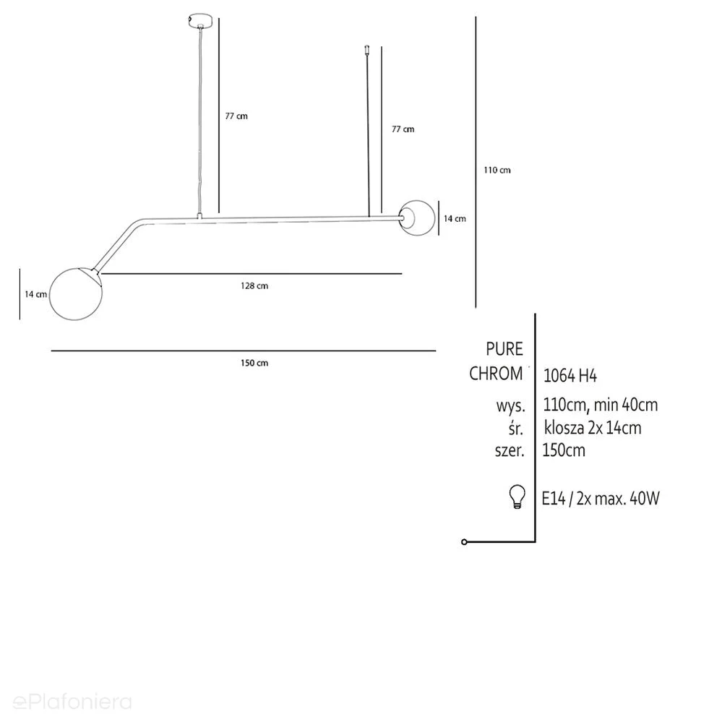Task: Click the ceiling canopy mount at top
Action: (200, 20)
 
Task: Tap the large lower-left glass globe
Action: (76, 293)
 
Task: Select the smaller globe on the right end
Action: (417, 218)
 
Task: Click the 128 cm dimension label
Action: (254, 286)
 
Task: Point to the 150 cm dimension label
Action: (254, 363)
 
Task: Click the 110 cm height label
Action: (497, 170)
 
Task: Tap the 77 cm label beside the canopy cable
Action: (236, 116)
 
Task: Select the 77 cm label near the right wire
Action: (403, 129)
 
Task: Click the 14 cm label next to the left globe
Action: (35, 294)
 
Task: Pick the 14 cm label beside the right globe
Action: (455, 219)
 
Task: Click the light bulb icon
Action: (517, 497)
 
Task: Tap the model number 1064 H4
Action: (570, 376)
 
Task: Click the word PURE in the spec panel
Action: (504, 349)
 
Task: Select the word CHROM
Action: (496, 374)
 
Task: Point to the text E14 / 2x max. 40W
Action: (601, 498)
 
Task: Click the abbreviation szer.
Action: (510, 450)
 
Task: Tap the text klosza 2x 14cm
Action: (593, 428)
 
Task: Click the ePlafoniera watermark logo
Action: (72, 702)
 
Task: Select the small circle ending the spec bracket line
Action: (464, 542)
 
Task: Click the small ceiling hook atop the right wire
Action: (367, 49)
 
